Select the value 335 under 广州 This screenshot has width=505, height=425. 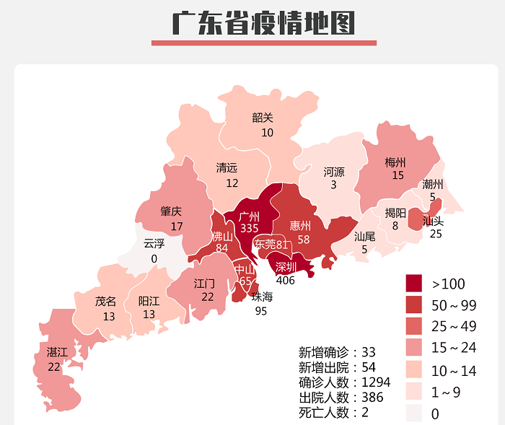coord(249,228)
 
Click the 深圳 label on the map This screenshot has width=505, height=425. coord(286,267)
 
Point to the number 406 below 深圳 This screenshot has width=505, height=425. coord(286,280)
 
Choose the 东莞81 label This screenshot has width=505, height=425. coord(271,245)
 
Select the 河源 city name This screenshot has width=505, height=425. coord(333,172)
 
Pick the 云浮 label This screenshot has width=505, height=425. coord(154,243)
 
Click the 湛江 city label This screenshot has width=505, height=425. coord(56,352)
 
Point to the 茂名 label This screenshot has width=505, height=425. coord(105,302)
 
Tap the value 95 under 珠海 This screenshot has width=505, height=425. coord(261,311)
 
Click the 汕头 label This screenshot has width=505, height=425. coord(433,221)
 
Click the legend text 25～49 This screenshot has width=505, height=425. coord(454,326)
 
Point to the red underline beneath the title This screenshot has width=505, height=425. coord(263,43)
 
